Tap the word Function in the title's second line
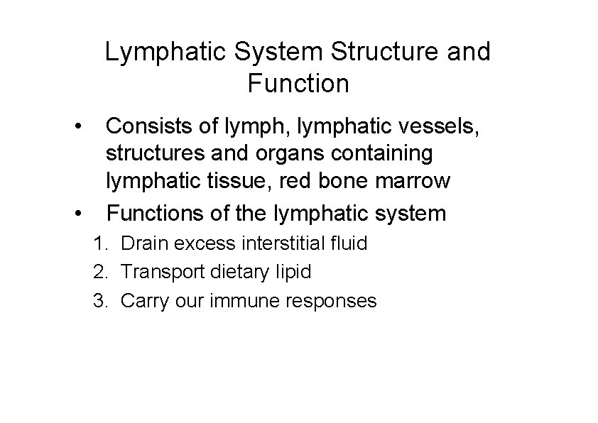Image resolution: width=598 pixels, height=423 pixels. point(298,84)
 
